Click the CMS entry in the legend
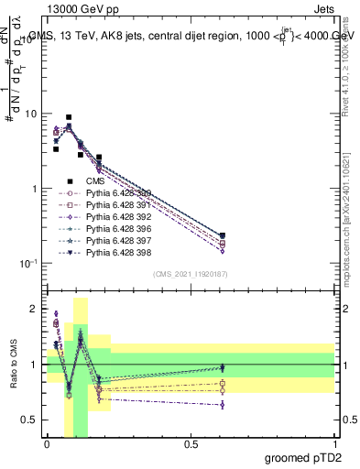pos(95,180)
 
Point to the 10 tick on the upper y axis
pos(34,115)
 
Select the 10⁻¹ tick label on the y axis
pos(31,264)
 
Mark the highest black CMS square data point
pos(69,117)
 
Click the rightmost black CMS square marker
pos(223,235)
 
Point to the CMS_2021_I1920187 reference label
pos(191,275)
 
